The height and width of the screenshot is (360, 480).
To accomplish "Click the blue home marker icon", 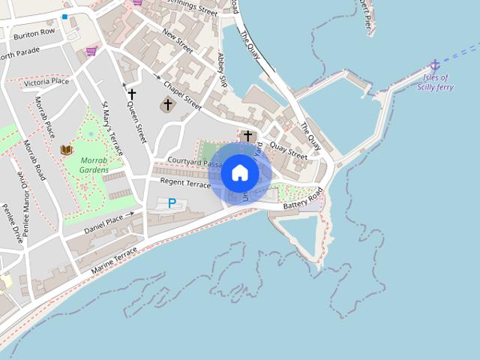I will tap(240, 173).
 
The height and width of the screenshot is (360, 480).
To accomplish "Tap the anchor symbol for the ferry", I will tap(434, 66).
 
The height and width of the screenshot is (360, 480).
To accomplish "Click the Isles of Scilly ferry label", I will tap(435, 82).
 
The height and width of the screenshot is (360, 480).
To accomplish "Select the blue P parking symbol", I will tap(172, 202).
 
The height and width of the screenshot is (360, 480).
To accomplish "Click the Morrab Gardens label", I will tap(94, 165).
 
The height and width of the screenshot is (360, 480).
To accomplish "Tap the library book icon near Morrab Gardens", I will tap(67, 150).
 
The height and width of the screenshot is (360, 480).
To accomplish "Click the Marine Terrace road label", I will tap(115, 259).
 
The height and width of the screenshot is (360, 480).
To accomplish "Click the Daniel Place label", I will tap(103, 223).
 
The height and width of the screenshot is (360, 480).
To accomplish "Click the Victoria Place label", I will tap(46, 82).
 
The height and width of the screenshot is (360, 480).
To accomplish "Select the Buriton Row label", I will tap(34, 33).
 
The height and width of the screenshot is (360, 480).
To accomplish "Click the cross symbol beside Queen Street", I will tap(132, 94).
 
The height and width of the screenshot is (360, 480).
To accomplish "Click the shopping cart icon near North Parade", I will tap(91, 51).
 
